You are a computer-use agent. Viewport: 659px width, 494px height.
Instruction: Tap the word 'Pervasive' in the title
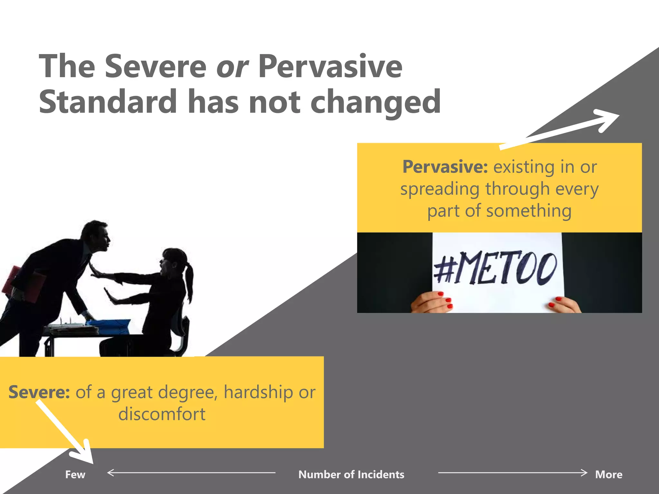coord(330,67)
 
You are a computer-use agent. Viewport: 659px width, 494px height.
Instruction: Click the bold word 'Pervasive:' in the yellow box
coord(445,167)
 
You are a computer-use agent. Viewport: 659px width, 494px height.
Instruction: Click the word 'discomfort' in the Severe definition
coord(162,414)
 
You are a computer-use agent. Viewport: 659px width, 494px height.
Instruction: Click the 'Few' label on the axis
coord(75,474)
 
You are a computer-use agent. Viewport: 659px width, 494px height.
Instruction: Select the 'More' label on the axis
coord(608,474)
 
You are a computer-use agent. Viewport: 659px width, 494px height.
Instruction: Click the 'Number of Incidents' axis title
coord(351,474)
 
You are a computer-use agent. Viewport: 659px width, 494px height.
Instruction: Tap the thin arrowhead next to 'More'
coord(583,472)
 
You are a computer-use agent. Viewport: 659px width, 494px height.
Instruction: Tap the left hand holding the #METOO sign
coord(432,302)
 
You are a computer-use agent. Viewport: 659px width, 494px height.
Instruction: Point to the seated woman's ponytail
coord(189,283)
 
